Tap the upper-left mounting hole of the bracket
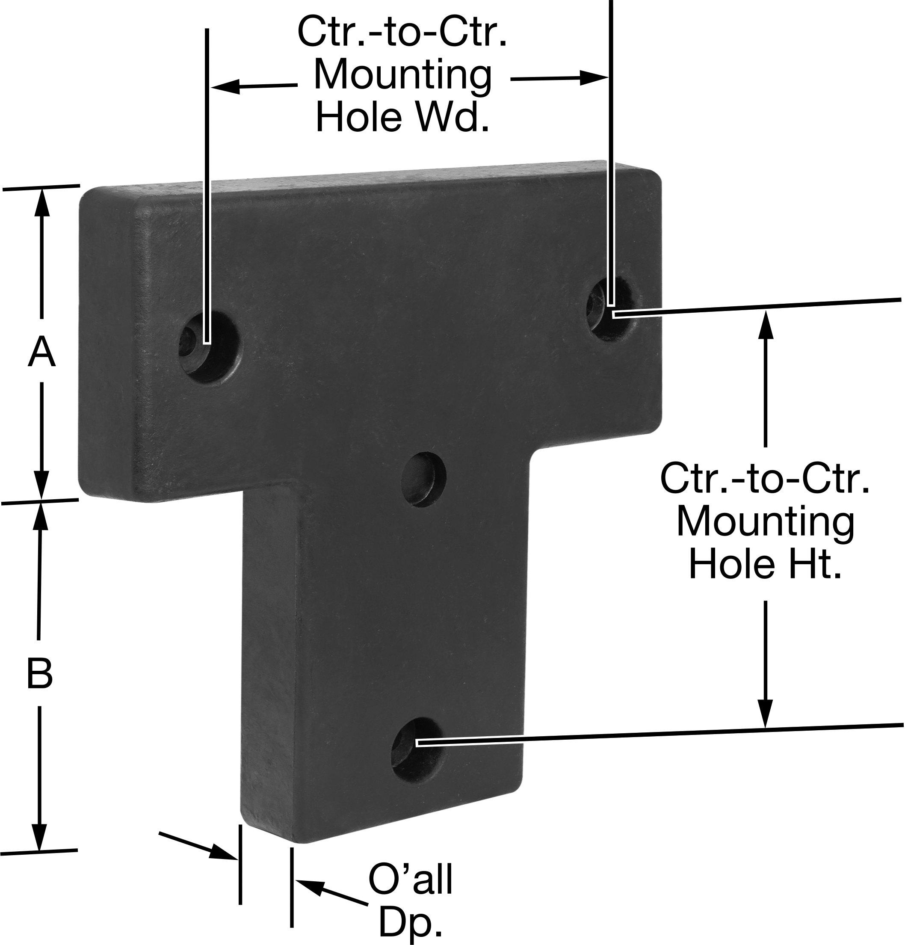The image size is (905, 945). (x=210, y=346)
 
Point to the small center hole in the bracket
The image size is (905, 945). (x=424, y=479)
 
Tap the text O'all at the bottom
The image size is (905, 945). (x=410, y=880)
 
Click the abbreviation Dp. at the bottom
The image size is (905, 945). (x=410, y=921)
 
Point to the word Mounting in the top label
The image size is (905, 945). (x=402, y=75)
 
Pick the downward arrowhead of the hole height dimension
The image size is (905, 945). (x=765, y=712)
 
